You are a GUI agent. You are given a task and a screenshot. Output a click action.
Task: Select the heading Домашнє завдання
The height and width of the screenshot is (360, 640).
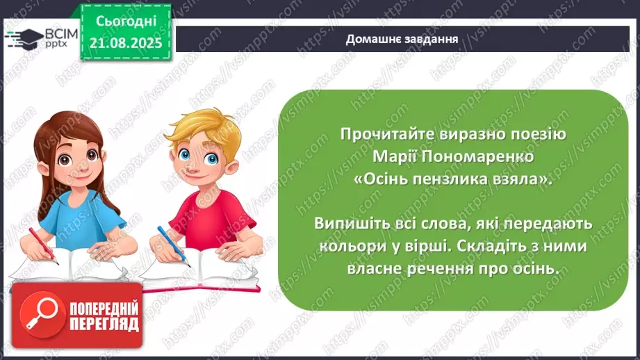402,39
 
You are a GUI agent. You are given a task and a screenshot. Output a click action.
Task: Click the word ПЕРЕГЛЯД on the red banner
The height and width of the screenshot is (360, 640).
103,324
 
